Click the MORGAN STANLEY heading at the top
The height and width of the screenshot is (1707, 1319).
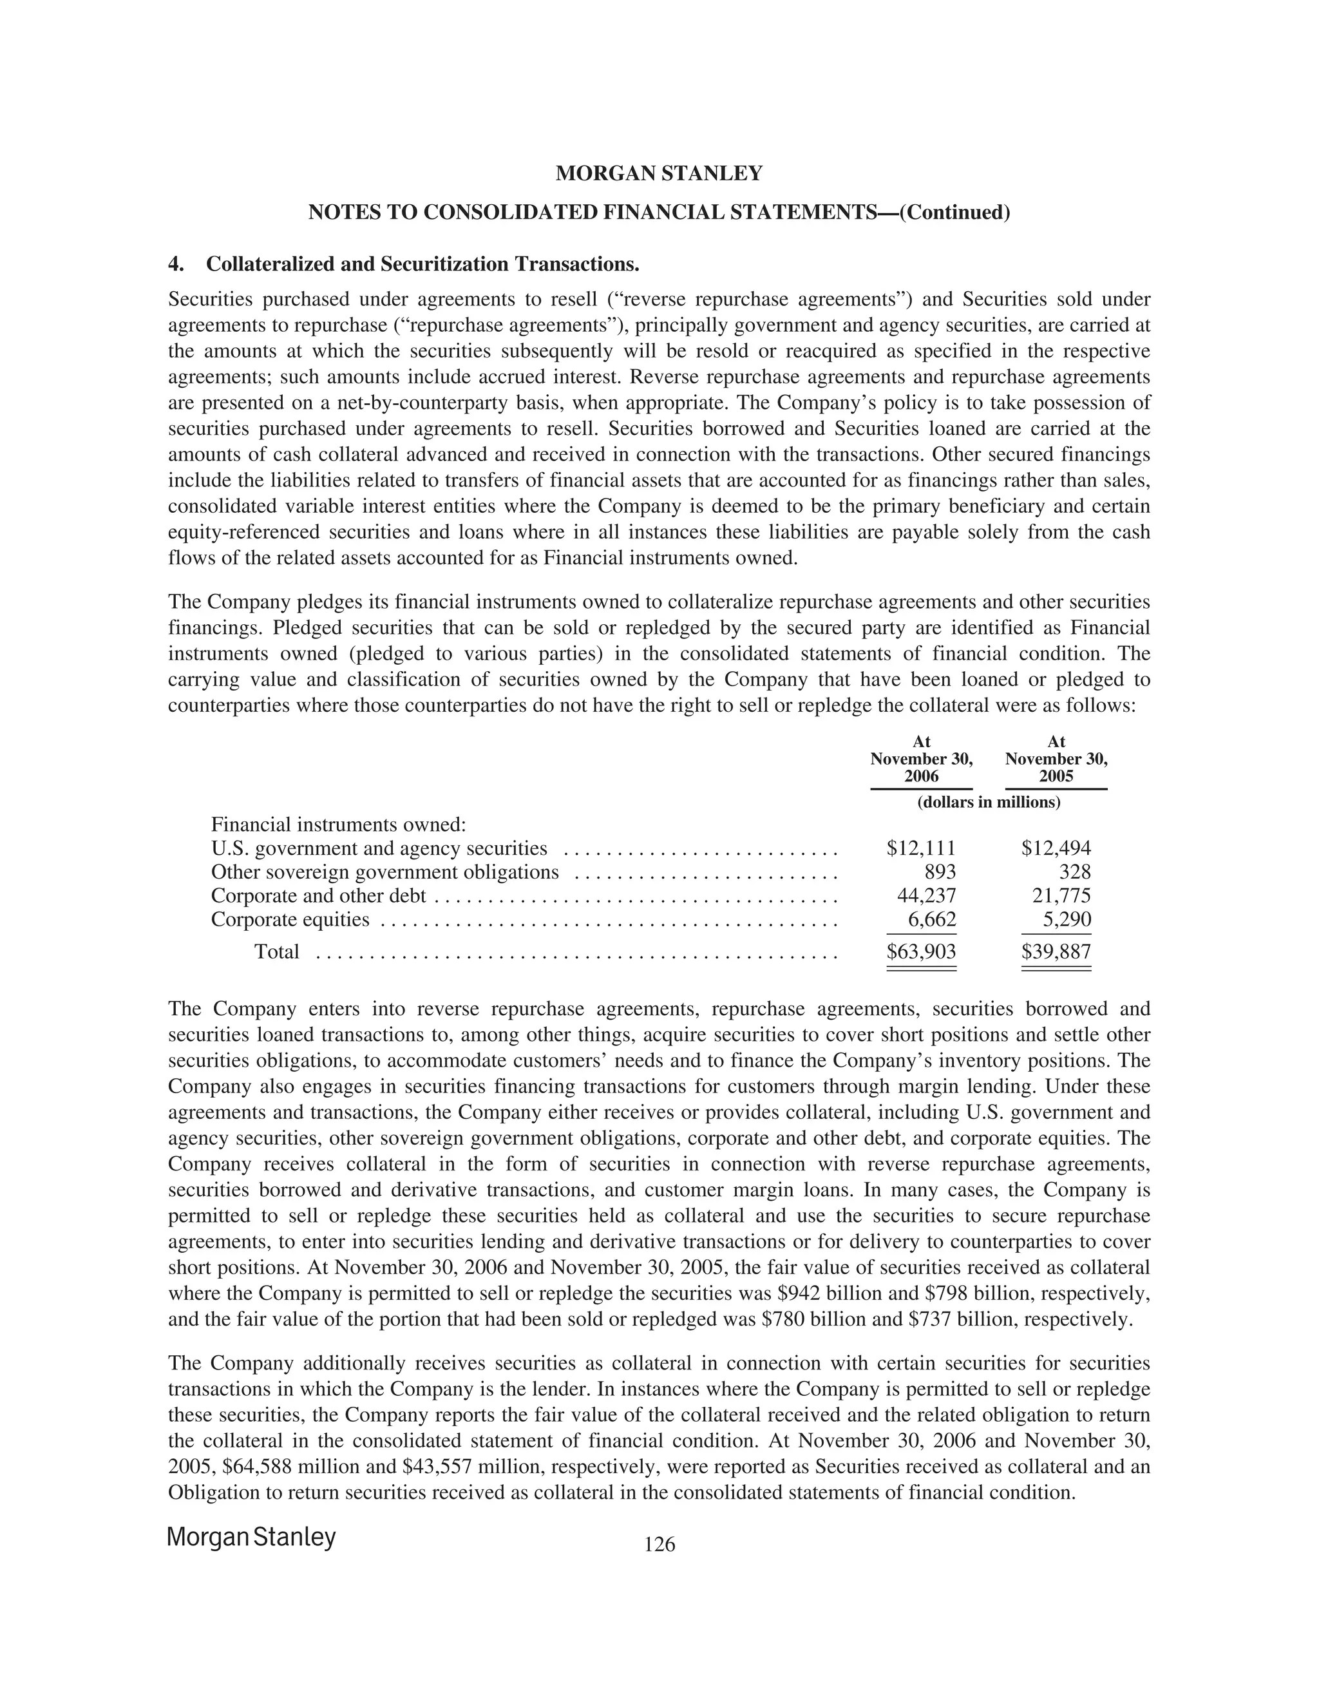coord(659,173)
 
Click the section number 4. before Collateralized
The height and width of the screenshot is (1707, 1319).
coord(176,264)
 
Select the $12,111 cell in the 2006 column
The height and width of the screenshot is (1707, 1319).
coord(921,848)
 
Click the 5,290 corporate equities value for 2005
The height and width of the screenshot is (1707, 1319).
coord(1067,919)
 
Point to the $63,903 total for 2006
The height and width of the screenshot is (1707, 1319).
coord(921,952)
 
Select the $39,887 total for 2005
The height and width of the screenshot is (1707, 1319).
coord(1056,952)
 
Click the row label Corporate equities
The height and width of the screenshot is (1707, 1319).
coord(290,919)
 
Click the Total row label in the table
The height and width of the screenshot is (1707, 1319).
coord(276,952)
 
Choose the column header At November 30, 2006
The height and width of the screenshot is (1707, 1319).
coord(921,759)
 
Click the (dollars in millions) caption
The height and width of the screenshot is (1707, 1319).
coord(989,802)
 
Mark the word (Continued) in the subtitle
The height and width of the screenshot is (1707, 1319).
coord(955,213)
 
